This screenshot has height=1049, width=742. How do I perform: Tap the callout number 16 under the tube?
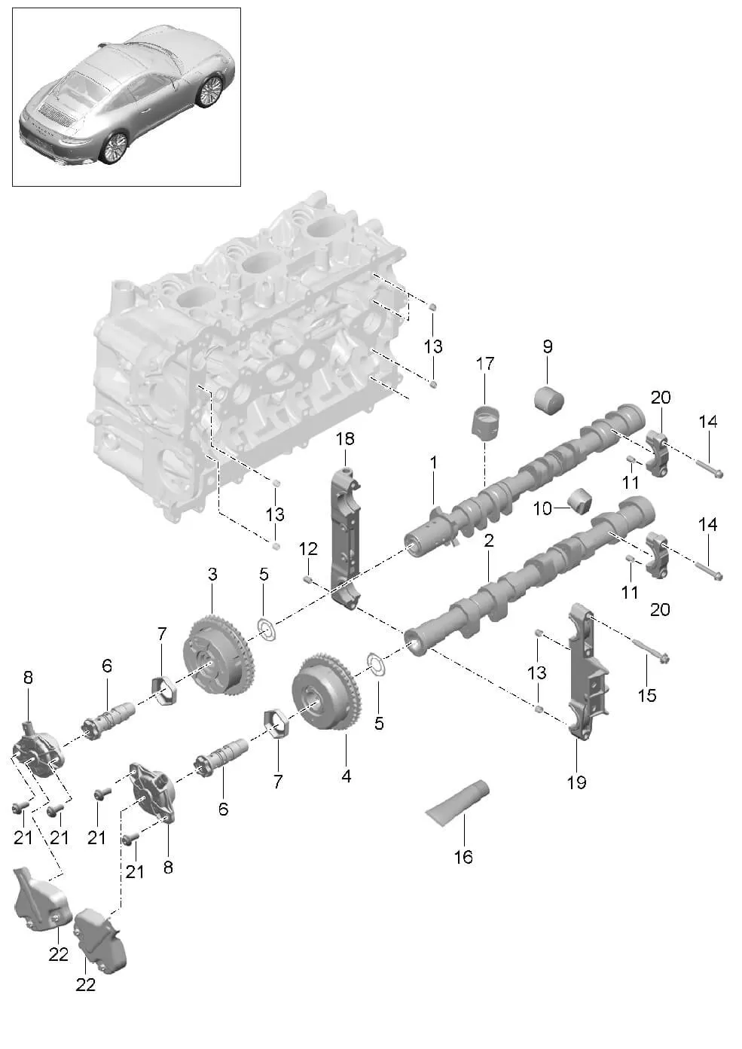tap(463, 856)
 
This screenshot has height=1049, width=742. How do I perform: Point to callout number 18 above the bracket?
tap(345, 438)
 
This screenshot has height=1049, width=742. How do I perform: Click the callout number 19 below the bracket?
tap(576, 782)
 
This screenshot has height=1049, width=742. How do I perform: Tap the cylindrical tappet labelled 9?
tap(550, 400)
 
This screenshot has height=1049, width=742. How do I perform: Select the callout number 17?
tap(485, 364)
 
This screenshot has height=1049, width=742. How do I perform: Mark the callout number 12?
tap(308, 549)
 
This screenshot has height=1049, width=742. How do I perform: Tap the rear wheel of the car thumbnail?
tap(115, 147)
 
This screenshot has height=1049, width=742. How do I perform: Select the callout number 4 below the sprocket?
tap(346, 775)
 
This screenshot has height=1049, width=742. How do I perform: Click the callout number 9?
tap(548, 346)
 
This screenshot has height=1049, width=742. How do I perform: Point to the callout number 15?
tap(647, 694)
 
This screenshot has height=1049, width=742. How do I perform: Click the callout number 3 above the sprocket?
tap(212, 575)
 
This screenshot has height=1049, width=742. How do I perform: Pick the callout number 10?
tap(542, 509)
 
